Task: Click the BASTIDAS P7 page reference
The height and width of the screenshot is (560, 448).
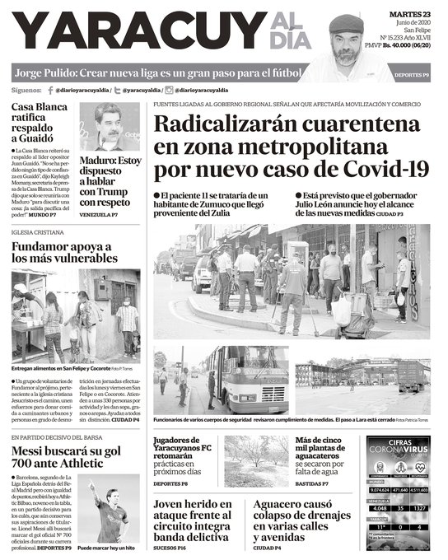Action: coord(314,483)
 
